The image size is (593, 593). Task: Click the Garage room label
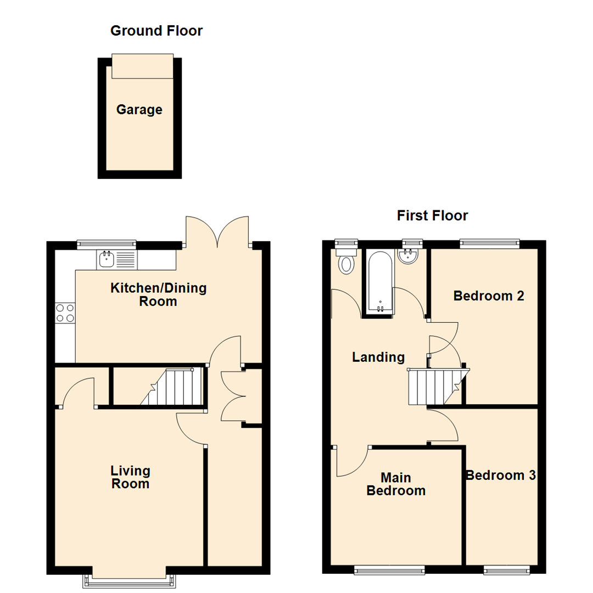click(139, 110)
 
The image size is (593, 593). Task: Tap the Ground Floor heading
click(156, 31)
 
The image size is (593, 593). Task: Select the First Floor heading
click(433, 216)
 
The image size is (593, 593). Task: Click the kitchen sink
click(105, 259)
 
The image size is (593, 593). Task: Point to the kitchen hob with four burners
click(65, 313)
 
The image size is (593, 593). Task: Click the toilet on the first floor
click(346, 262)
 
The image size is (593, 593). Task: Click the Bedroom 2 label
click(489, 296)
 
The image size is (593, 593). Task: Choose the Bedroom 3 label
click(500, 475)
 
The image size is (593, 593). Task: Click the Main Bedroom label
click(396, 484)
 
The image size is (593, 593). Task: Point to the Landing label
click(378, 357)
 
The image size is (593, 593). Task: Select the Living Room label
click(130, 477)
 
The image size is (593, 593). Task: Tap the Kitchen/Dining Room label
click(159, 295)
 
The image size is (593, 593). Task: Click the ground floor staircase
click(170, 387)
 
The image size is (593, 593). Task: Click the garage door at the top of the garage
click(143, 66)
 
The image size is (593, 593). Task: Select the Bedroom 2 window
click(489, 243)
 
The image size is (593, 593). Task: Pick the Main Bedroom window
click(389, 570)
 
